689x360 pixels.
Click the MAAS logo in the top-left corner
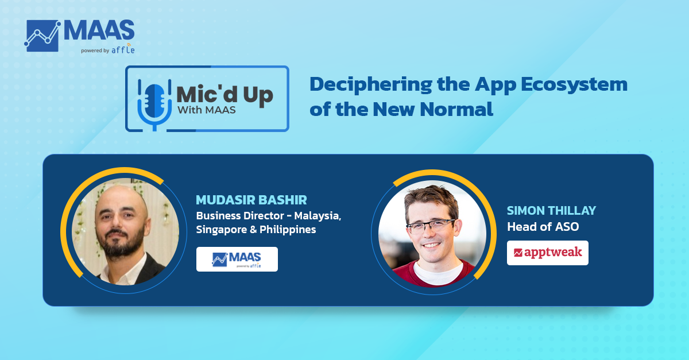tap(79, 36)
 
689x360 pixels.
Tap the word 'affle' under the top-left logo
tap(123, 49)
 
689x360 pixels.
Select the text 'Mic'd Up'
tap(225, 95)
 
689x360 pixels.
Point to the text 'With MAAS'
tap(207, 110)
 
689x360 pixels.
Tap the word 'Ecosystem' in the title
tap(574, 85)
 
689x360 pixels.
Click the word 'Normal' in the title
tap(457, 109)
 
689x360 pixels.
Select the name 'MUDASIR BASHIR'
tap(251, 200)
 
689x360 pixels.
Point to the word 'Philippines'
tap(288, 230)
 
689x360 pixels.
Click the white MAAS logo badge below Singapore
tap(237, 259)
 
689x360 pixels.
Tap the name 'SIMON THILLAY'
tap(551, 211)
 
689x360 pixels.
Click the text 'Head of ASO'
tap(543, 227)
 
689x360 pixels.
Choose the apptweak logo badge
tap(548, 253)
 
